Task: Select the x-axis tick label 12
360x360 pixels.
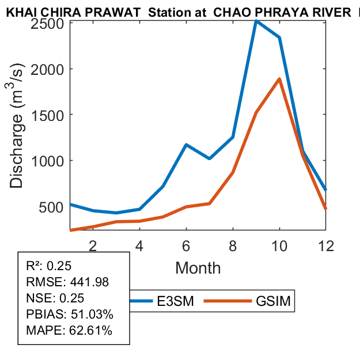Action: click(x=326, y=245)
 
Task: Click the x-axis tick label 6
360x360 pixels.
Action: click(x=186, y=245)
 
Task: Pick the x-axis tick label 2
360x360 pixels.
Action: click(x=93, y=245)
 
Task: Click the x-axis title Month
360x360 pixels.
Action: click(x=198, y=268)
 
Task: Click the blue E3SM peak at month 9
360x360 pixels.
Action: click(x=256, y=21)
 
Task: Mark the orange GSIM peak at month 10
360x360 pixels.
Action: click(x=279, y=79)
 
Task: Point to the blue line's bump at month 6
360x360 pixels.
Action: click(x=186, y=145)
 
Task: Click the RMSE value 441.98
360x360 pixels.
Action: click(x=89, y=282)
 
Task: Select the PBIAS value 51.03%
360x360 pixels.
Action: click(x=92, y=314)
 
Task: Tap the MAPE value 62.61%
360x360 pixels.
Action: click(x=90, y=331)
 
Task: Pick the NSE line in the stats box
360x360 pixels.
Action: click(x=55, y=298)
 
